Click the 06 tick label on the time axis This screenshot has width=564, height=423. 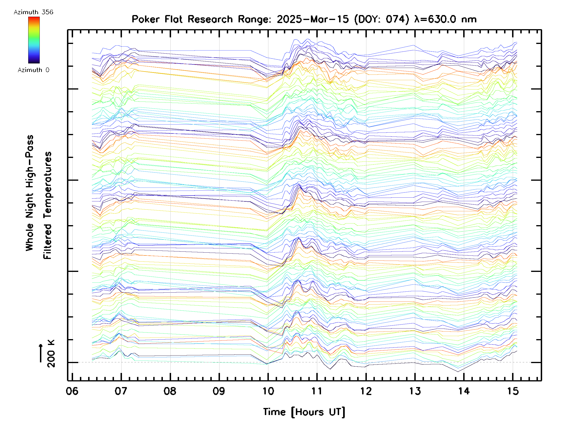[x=72, y=391]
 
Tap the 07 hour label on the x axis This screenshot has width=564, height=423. [x=121, y=391]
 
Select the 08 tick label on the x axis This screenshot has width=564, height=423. [x=170, y=391]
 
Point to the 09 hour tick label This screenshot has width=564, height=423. [x=219, y=391]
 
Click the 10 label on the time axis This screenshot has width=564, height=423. [x=268, y=391]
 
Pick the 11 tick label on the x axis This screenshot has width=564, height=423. [x=317, y=391]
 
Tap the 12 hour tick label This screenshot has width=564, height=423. [x=366, y=391]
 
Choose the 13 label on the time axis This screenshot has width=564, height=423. [x=415, y=391]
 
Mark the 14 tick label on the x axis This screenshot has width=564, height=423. [x=464, y=391]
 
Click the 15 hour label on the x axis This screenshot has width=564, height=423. [x=513, y=391]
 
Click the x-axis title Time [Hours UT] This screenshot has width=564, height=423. [x=304, y=412]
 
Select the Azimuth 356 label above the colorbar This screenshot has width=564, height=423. [x=33, y=12]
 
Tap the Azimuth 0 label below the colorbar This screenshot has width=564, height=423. [x=33, y=70]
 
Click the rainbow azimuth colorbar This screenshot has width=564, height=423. [x=34, y=40]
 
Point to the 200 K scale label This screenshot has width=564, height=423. [x=51, y=354]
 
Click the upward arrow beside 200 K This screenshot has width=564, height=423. [x=41, y=353]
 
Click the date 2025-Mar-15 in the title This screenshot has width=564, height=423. [x=313, y=19]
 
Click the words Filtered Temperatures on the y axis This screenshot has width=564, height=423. [x=47, y=205]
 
